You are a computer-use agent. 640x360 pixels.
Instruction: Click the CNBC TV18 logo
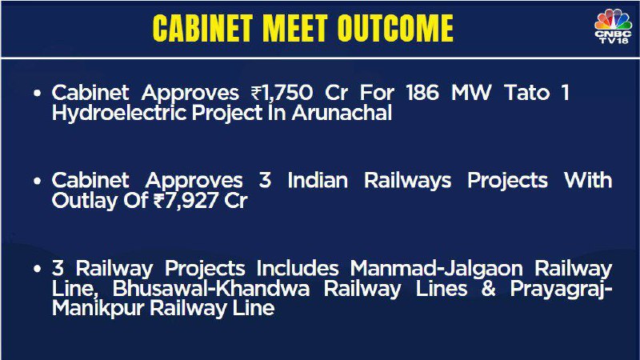tap(613, 26)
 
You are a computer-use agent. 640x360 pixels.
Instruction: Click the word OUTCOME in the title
tap(395, 29)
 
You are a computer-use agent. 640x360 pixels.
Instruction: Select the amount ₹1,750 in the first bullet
tap(282, 93)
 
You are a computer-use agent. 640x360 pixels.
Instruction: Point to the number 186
tap(422, 93)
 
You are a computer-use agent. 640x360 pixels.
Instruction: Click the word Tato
tap(527, 93)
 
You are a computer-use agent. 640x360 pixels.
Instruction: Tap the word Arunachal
tap(342, 113)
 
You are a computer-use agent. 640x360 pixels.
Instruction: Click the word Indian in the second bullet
tap(318, 181)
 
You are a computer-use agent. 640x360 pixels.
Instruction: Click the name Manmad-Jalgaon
tap(436, 269)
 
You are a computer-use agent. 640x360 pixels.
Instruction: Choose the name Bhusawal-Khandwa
tap(211, 289)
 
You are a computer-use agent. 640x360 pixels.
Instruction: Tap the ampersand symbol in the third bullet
tap(489, 289)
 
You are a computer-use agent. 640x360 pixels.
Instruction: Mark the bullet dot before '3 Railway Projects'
tap(38, 269)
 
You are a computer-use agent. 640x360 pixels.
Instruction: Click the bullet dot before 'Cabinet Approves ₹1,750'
tap(38, 94)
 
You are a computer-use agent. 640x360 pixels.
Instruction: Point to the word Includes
tap(298, 268)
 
